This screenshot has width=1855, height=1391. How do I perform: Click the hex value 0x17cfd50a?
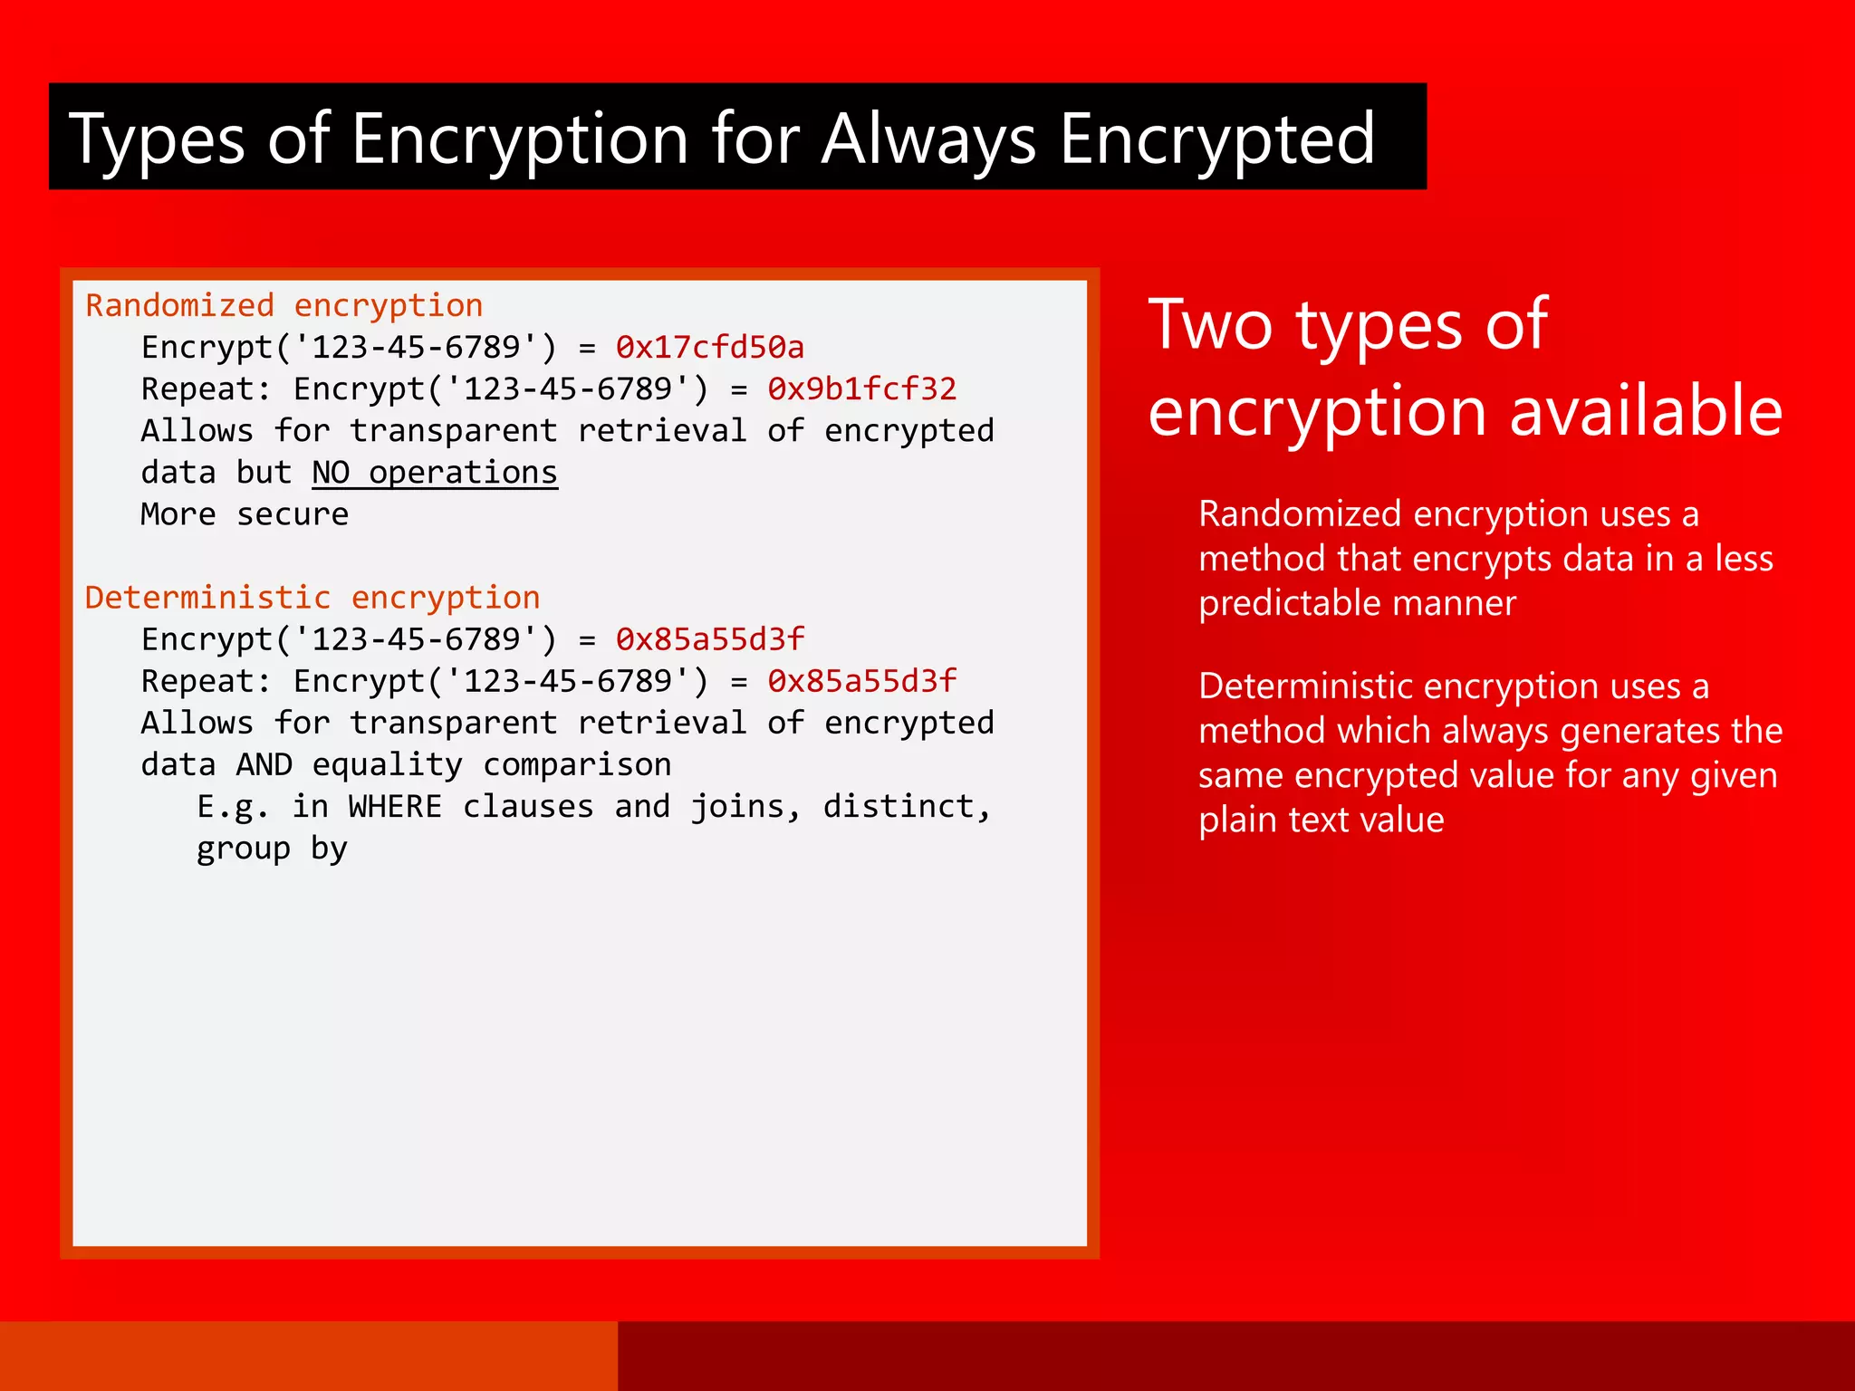pyautogui.click(x=709, y=348)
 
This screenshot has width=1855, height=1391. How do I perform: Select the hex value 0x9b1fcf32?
pyautogui.click(x=861, y=389)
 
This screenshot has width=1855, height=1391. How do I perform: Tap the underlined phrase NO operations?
pyautogui.click(x=435, y=473)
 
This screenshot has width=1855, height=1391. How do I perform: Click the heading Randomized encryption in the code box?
pyautogui.click(x=284, y=306)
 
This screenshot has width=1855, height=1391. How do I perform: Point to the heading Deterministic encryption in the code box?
pyautogui.click(x=312, y=598)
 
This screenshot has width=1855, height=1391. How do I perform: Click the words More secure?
pyautogui.click(x=245, y=514)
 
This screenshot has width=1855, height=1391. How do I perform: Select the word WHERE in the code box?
pyautogui.click(x=395, y=807)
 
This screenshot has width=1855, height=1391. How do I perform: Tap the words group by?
pyautogui.click(x=272, y=849)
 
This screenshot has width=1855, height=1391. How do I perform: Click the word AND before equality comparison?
pyautogui.click(x=264, y=765)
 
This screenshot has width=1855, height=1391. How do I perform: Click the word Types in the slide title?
pyautogui.click(x=157, y=139)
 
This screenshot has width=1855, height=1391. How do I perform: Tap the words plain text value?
pyautogui.click(x=1321, y=820)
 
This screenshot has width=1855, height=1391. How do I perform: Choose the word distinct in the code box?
pyautogui.click(x=907, y=807)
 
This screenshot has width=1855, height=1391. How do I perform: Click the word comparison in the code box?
pyautogui.click(x=577, y=765)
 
